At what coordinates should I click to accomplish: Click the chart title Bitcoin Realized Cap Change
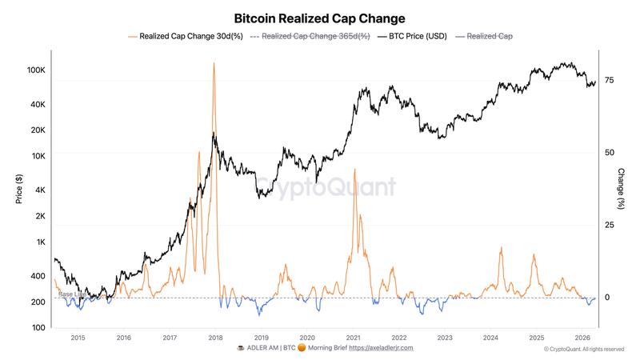tap(319, 18)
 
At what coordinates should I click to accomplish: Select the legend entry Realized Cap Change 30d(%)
tap(185, 37)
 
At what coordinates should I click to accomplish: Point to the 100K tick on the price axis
tap(37, 70)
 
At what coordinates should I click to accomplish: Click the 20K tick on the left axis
tap(39, 130)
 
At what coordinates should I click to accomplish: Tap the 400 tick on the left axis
tap(39, 276)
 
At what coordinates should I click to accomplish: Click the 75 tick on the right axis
tap(609, 80)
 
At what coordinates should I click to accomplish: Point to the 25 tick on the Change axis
tap(609, 226)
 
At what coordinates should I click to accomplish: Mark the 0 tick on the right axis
tap(606, 298)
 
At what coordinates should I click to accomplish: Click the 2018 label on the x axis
tap(215, 338)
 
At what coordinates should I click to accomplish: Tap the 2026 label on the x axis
tap(582, 338)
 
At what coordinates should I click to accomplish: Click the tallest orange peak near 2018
tap(214, 63)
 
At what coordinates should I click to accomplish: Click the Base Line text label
tap(72, 294)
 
